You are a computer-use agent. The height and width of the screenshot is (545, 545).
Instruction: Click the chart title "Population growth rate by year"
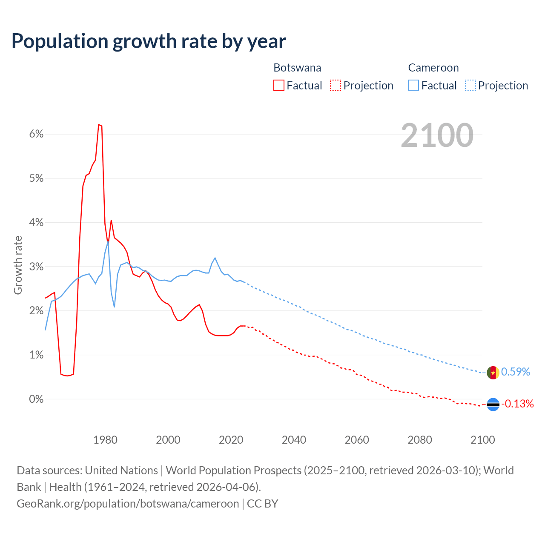click(x=149, y=41)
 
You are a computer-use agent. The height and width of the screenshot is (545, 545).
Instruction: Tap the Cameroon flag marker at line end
click(x=493, y=373)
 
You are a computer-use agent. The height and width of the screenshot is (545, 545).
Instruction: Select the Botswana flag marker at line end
click(x=493, y=404)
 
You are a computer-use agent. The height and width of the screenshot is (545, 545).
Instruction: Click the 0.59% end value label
click(x=515, y=372)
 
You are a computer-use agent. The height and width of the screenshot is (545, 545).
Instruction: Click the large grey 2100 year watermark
click(x=437, y=135)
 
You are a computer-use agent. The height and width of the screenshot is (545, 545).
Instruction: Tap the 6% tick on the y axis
click(x=37, y=134)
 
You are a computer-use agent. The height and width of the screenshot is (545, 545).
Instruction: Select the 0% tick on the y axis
click(x=37, y=399)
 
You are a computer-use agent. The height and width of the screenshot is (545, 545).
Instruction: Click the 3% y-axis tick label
click(x=37, y=267)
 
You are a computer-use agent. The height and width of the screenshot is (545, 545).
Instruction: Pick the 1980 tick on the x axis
click(x=105, y=440)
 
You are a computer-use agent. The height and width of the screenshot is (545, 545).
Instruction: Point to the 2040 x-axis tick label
click(x=294, y=440)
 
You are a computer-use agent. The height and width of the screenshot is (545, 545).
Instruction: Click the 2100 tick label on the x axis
click(x=482, y=440)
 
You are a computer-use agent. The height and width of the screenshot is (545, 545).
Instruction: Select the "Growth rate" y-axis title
click(x=18, y=265)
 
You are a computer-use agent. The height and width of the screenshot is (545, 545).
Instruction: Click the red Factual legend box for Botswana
click(x=279, y=86)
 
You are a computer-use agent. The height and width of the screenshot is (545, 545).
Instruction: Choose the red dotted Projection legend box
click(x=336, y=86)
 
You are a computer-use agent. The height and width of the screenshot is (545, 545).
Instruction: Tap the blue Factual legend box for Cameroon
click(x=413, y=86)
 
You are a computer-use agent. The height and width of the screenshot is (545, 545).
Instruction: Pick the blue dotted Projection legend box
click(x=470, y=86)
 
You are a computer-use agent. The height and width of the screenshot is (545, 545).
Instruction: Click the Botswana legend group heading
click(x=297, y=68)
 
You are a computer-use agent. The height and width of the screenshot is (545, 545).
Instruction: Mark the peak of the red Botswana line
click(x=99, y=125)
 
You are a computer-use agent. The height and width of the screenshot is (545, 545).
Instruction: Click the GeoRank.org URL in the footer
click(x=128, y=504)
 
